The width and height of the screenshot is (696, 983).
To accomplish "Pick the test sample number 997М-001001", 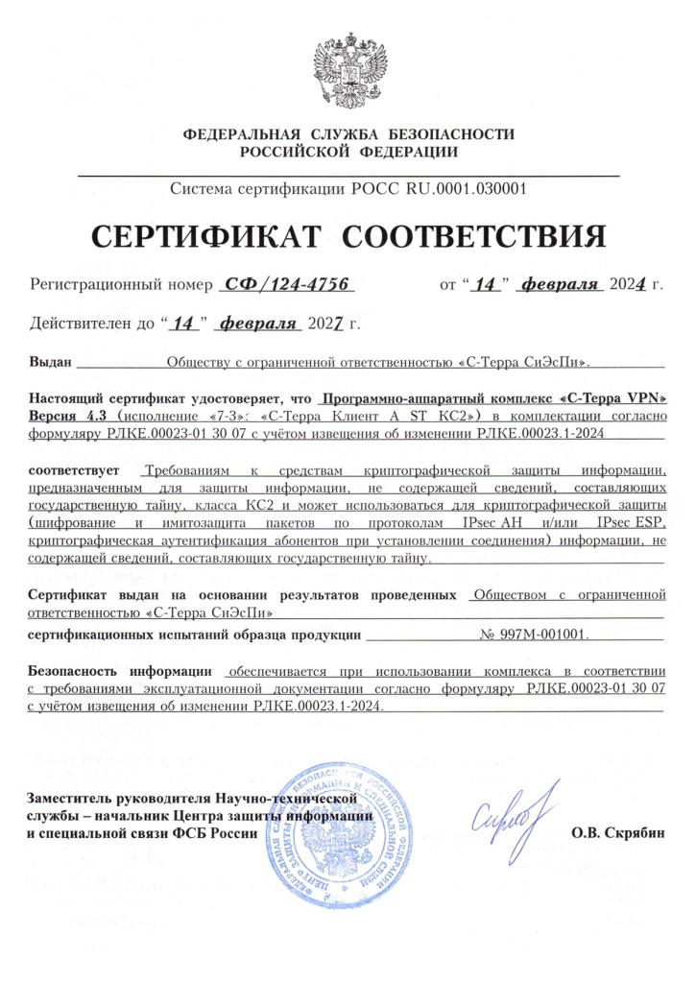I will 536,635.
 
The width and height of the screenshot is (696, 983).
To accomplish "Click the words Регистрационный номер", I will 119,285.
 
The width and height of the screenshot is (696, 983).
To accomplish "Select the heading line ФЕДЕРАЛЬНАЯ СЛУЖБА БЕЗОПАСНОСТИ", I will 348,134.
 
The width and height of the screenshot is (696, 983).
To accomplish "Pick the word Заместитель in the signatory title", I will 69,798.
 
